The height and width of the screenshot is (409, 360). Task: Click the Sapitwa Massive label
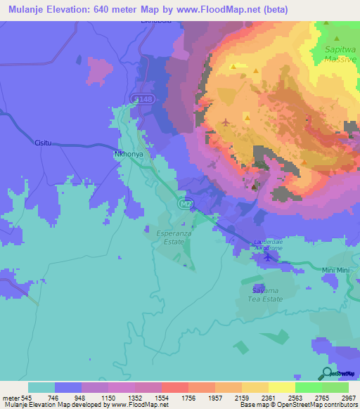pos(341,55)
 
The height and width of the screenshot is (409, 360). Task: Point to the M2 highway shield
pos(184,204)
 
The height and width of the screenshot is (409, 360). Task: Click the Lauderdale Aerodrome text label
pos(267,245)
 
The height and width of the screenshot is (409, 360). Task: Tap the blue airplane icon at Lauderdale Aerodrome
pos(266,257)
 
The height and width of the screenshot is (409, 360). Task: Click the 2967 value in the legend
pos(349,397)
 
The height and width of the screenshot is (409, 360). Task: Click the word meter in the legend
pos(9,397)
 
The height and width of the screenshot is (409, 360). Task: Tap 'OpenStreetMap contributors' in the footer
pos(320,405)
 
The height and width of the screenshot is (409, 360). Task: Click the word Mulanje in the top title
pos(30,10)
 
